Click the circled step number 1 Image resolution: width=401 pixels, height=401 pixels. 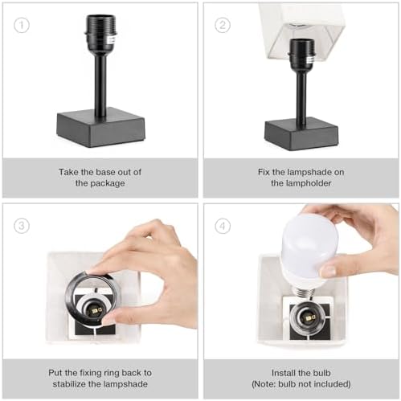22,24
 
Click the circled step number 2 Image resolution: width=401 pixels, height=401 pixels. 223,24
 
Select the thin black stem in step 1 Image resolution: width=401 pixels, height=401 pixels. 100,84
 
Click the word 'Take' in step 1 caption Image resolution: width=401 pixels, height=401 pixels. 68,171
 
